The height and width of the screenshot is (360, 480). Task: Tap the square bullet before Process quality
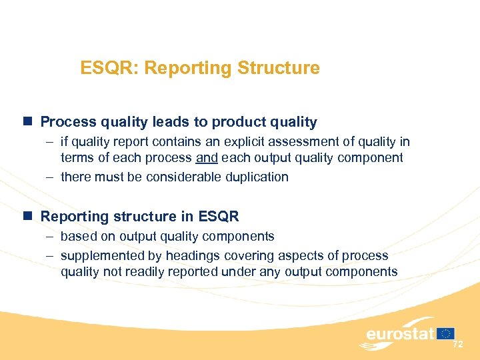(27, 121)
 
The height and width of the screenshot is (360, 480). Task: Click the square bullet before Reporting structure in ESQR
(27, 216)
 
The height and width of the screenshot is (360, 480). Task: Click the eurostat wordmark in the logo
(400, 334)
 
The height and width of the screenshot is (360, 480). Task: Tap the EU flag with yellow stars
(446, 333)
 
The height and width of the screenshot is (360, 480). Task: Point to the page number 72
(457, 345)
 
